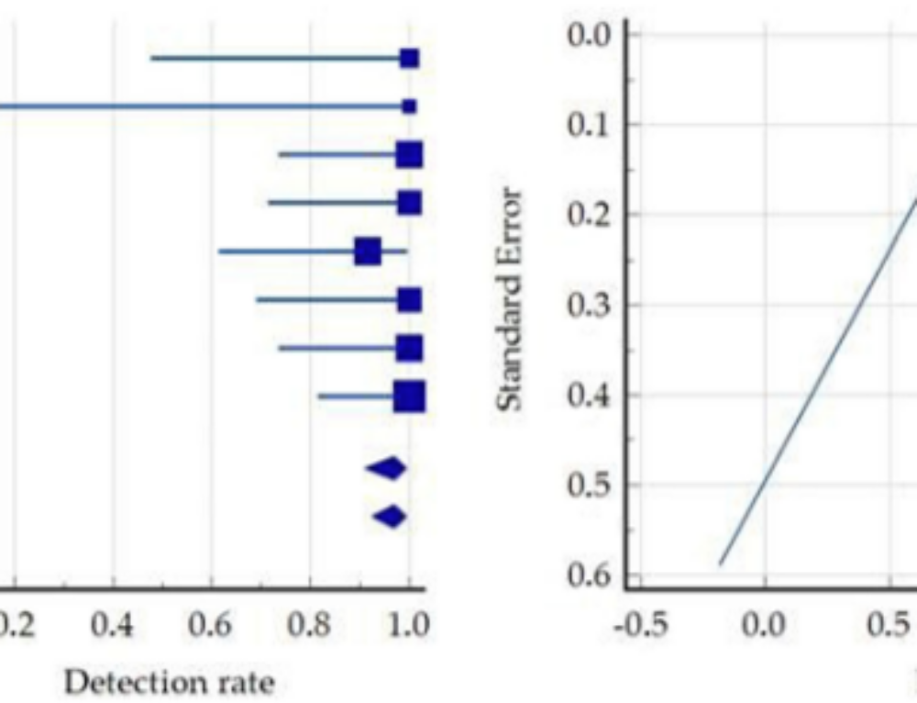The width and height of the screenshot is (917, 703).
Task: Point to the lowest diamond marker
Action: (x=390, y=517)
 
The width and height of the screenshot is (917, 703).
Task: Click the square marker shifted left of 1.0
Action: (x=368, y=251)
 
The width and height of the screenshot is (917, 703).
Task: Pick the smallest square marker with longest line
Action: (x=409, y=106)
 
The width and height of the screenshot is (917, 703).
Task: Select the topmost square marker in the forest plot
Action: (x=409, y=59)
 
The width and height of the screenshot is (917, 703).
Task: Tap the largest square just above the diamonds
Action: (x=409, y=396)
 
